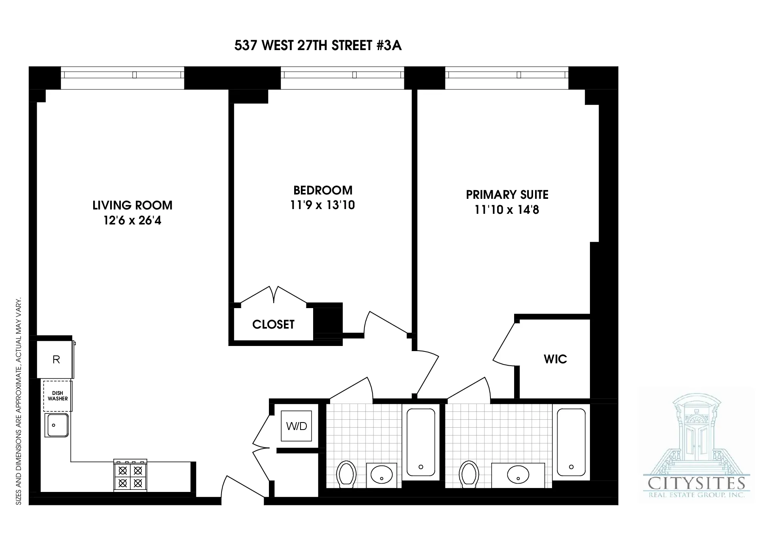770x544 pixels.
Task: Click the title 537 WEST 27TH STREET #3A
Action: [x=318, y=46]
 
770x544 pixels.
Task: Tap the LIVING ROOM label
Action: [x=132, y=206]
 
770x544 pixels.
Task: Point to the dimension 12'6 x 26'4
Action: [x=132, y=221]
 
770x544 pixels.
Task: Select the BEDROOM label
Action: [x=323, y=191]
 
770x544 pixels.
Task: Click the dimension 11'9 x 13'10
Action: [x=323, y=205]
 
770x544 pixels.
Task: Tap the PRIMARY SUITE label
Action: [x=507, y=195]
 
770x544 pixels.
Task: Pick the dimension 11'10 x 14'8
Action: [x=507, y=210]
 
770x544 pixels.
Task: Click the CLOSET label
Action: [x=273, y=325]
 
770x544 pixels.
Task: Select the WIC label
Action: [x=555, y=359]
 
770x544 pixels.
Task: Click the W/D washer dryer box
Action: [x=296, y=426]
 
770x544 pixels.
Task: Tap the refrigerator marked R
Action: [x=56, y=360]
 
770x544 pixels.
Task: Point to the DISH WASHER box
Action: [x=58, y=396]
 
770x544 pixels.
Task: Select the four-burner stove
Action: [x=130, y=476]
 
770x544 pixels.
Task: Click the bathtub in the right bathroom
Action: [x=571, y=442]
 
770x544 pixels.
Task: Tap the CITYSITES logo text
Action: [x=697, y=484]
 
